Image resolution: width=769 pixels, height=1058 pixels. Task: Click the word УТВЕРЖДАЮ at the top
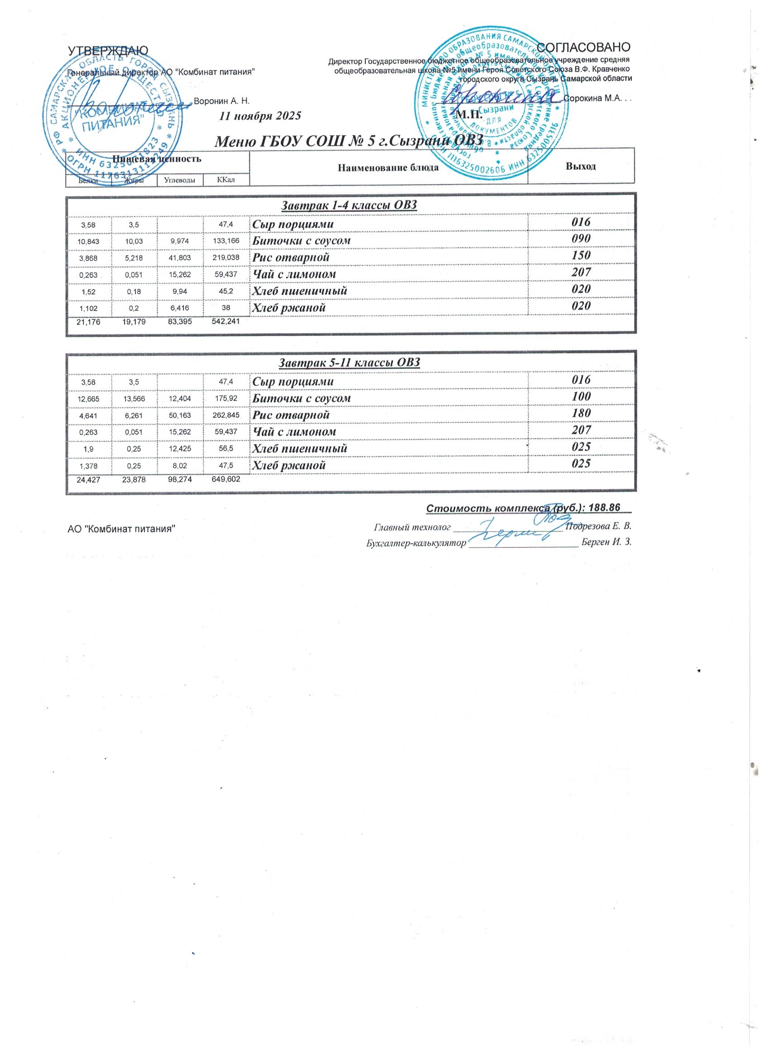tap(108, 50)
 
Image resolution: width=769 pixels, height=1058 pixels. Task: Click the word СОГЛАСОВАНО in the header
tap(584, 47)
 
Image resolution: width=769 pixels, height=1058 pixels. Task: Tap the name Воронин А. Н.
tap(222, 101)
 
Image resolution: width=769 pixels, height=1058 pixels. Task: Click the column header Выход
tap(581, 167)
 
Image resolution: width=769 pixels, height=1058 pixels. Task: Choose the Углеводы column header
tap(180, 180)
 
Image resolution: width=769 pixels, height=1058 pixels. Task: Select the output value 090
tap(582, 238)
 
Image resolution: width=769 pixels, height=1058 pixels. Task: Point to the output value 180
tap(582, 413)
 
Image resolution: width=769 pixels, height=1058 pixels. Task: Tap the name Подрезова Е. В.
tap(598, 527)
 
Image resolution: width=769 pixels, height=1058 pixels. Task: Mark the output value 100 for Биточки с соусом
tap(582, 396)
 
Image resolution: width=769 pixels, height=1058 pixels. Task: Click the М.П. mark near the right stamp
tap(469, 114)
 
